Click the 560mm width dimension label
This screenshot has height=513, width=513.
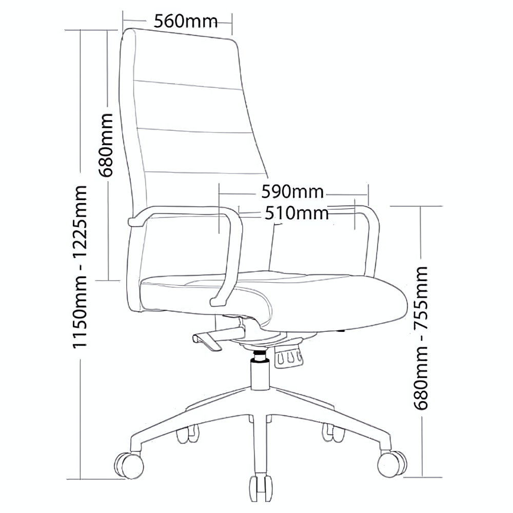pos(185,21)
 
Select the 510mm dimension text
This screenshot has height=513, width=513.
pos(297,213)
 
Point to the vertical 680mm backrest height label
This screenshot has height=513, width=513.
pos(107,145)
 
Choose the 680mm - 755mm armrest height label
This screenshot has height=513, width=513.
pos(421,338)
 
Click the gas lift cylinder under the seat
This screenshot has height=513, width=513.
pos(260,373)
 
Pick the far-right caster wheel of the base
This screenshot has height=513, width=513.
pos(392,464)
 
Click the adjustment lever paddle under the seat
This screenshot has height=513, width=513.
pos(207,342)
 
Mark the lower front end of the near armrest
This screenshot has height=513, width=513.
pos(215,302)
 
